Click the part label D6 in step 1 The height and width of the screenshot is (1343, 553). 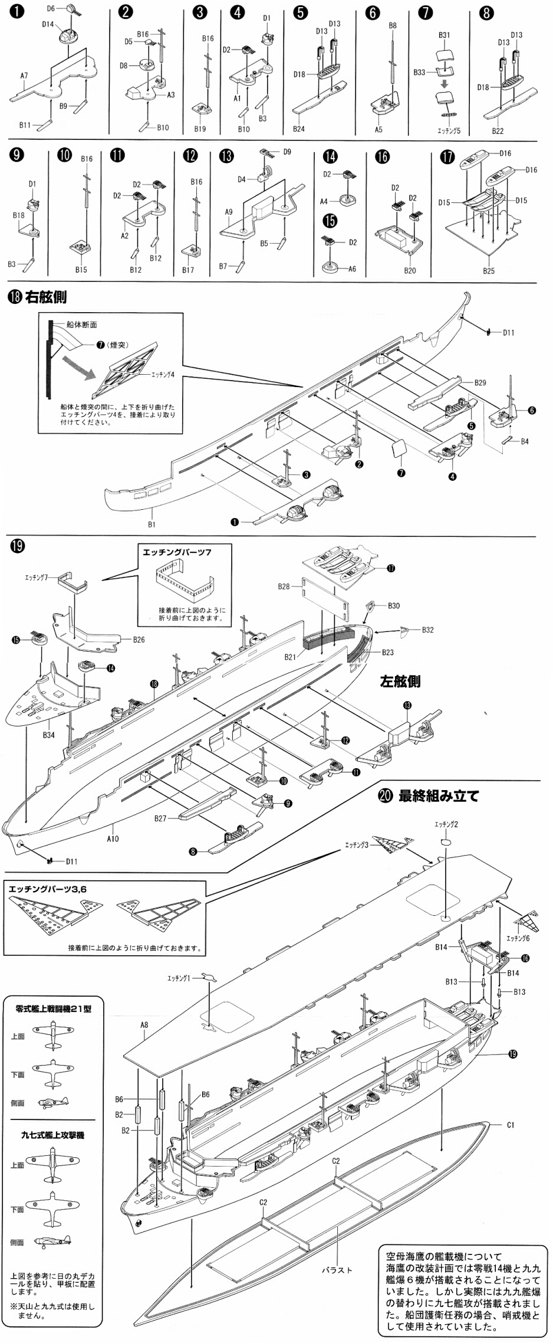50,9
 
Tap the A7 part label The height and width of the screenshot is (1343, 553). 24,76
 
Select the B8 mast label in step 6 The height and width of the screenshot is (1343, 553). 393,26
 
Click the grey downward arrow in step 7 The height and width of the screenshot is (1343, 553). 445,84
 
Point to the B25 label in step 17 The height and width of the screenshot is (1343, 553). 489,271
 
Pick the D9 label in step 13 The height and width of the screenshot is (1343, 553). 287,152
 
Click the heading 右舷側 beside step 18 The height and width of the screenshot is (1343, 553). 46,297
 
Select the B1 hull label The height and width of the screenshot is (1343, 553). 152,524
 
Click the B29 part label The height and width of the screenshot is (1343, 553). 480,383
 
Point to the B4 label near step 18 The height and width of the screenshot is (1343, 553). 525,441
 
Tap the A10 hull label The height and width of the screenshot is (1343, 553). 113,838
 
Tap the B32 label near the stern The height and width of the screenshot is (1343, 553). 427,630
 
